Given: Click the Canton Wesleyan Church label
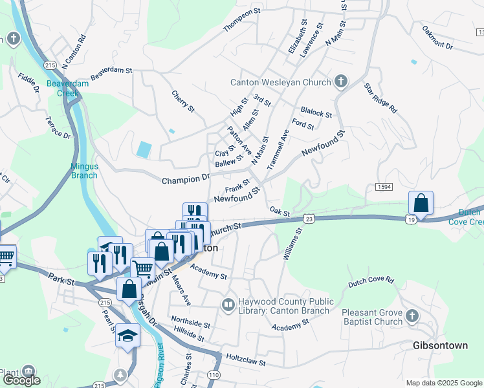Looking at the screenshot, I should tap(281, 82).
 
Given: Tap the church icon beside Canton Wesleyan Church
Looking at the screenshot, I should tap(342, 81).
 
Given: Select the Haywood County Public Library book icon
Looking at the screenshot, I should tap(227, 304).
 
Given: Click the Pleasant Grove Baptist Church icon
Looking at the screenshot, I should tap(412, 317).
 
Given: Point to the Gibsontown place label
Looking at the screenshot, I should tap(440, 345).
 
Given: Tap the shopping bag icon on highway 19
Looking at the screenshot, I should tap(421, 203).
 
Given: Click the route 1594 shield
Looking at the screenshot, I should tap(384, 186).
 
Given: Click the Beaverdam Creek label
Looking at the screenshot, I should tap(62, 89).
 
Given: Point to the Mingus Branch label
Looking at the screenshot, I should tap(84, 171).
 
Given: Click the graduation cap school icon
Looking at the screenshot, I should tap(128, 336).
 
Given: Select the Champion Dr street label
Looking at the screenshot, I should tap(186, 178).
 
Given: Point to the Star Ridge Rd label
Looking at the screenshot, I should tap(380, 98).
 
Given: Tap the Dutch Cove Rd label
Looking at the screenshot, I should tap(371, 281).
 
